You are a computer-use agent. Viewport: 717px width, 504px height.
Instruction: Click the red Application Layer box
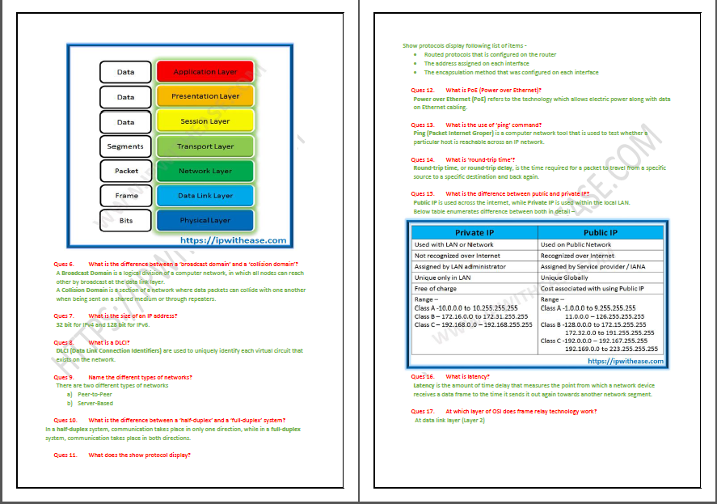coord(205,72)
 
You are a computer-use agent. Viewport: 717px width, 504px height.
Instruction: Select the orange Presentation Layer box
coord(205,96)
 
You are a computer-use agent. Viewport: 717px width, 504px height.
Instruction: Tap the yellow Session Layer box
coord(205,121)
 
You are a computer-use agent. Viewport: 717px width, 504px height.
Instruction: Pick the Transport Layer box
coord(205,146)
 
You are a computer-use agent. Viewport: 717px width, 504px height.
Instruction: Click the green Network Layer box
coord(205,172)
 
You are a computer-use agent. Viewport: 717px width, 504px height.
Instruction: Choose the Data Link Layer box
coord(205,196)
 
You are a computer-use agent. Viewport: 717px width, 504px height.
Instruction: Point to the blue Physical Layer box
coord(205,220)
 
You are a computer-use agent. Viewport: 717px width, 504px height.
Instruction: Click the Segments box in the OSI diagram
coord(125,146)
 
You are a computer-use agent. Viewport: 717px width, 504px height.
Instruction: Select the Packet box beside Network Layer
coord(126,172)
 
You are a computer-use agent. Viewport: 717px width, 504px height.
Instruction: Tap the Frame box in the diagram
coord(126,196)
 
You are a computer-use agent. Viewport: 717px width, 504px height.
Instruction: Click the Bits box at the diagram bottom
coord(126,220)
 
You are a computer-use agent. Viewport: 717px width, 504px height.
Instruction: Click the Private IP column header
coord(474,232)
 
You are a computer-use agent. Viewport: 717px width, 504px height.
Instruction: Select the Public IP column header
coord(601,232)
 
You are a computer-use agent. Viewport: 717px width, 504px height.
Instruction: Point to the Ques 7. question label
coord(64,316)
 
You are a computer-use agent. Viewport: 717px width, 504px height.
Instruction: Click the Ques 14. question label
coord(422,160)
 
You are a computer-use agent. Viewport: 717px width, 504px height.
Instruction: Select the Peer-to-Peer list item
coord(95,394)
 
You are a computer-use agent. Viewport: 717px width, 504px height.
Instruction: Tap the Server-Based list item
coord(95,403)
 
